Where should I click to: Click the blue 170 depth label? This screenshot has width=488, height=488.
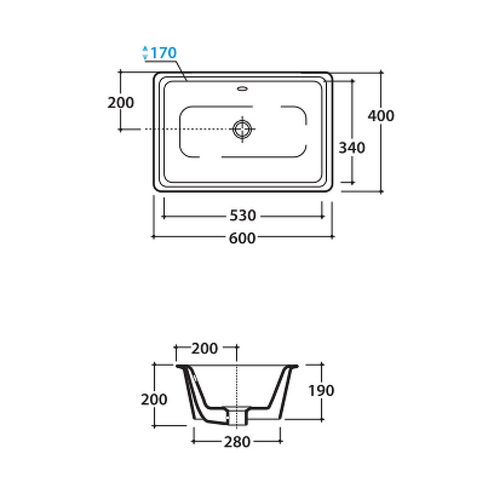pyautogui.click(x=163, y=52)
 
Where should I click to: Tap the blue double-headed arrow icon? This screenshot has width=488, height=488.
pyautogui.click(x=145, y=52)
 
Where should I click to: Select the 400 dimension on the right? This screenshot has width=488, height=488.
pyautogui.click(x=381, y=116)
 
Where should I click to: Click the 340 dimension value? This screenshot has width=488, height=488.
pyautogui.click(x=352, y=148)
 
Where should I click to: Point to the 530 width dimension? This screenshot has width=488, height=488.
pyautogui.click(x=243, y=215)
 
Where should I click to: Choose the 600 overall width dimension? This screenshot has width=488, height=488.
pyautogui.click(x=242, y=238)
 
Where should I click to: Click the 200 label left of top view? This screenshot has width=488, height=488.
pyautogui.click(x=121, y=102)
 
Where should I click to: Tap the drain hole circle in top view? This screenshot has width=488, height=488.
pyautogui.click(x=242, y=129)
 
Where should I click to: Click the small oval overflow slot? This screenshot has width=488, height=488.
pyautogui.click(x=242, y=88)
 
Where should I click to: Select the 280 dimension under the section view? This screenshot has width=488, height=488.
pyautogui.click(x=237, y=442)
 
